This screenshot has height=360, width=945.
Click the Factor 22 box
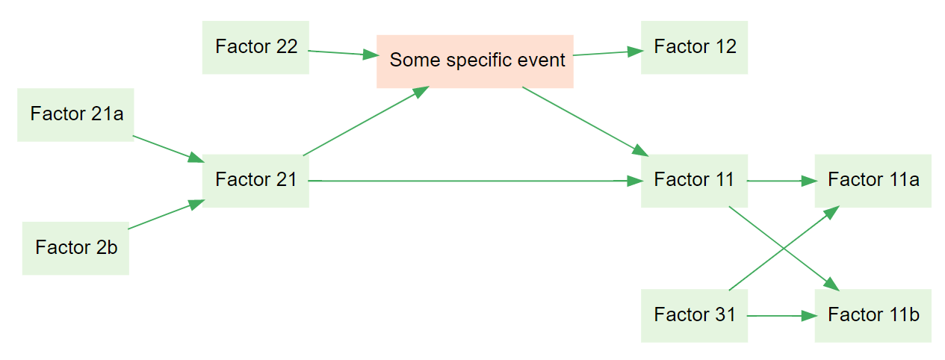(255, 47)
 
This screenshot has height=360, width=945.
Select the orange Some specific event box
(475, 60)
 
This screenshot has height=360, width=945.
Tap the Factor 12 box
(694, 47)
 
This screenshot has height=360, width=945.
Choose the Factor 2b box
(75, 247)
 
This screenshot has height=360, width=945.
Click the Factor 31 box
(694, 315)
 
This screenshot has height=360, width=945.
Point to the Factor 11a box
(873, 181)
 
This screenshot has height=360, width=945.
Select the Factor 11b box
(873, 315)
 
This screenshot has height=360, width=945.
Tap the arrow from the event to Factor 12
(607, 52)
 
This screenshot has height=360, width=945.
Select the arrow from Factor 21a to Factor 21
(167, 149)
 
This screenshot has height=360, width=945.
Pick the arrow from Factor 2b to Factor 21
(166, 214)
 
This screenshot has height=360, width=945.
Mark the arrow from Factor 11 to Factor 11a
(781, 181)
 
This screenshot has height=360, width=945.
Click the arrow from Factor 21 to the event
(366, 121)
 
